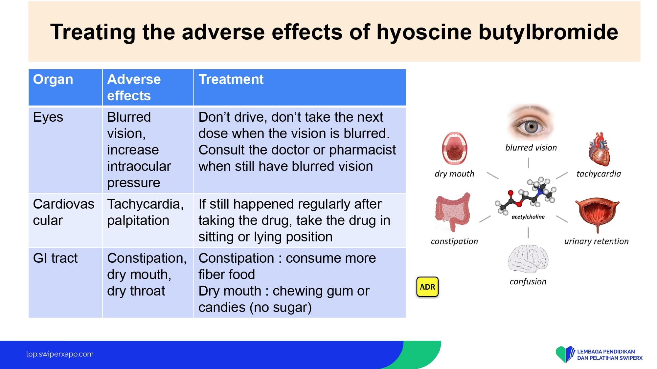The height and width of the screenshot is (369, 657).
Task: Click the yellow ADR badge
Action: [427, 287]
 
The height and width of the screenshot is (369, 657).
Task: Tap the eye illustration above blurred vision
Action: [531, 123]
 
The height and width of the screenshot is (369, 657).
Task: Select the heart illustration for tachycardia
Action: [599, 149]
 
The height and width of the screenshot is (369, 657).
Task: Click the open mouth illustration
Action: [455, 149]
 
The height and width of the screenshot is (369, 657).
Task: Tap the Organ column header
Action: [53, 80]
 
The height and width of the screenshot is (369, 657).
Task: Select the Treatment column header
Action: [231, 79]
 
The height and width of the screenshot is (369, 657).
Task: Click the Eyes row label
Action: [48, 117]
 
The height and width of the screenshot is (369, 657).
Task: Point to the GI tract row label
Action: [55, 258]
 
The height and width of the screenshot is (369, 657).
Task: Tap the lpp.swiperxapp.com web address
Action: [60, 354]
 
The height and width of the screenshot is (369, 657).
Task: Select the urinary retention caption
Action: [596, 241]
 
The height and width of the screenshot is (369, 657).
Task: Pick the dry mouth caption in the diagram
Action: [454, 174]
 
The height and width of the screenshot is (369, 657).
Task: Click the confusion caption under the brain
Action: [528, 281]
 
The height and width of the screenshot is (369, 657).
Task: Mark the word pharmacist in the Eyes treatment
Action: [362, 150]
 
